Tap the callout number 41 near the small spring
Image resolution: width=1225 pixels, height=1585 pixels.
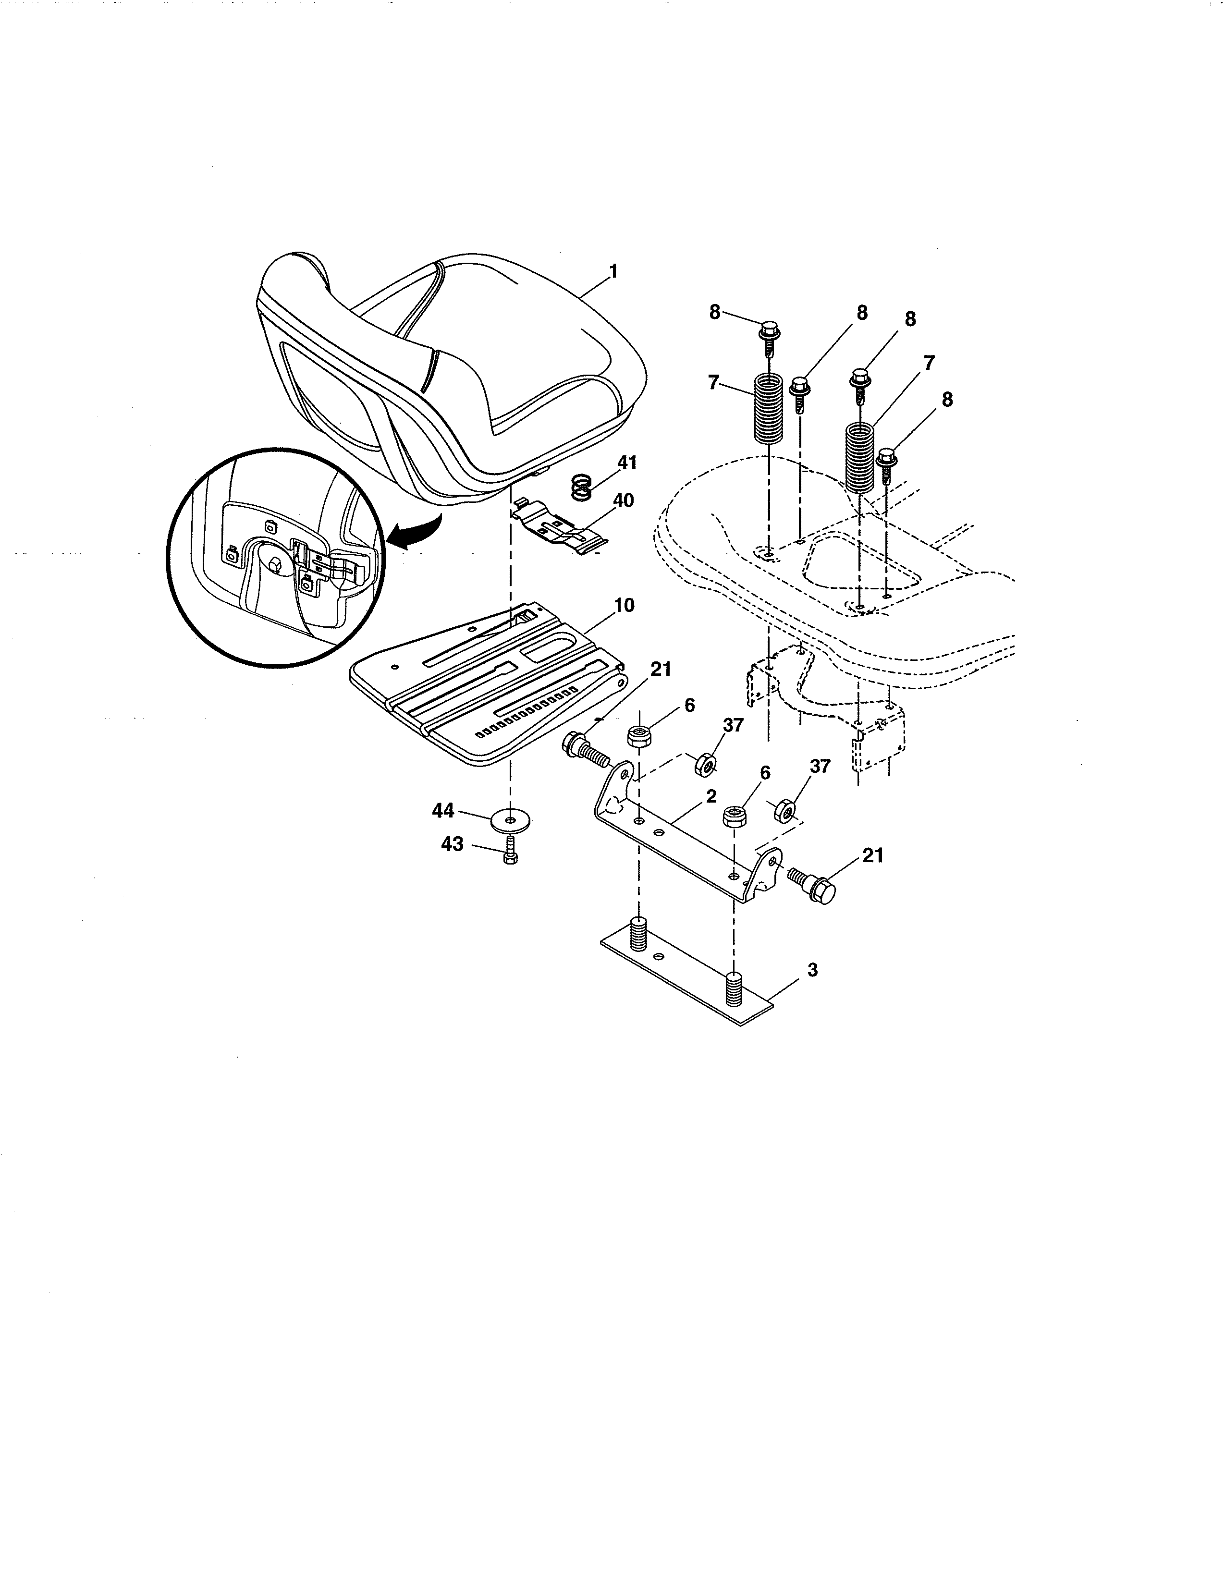[626, 462]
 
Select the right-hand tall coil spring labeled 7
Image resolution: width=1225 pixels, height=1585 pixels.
[861, 459]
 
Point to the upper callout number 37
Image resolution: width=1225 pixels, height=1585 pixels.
[733, 724]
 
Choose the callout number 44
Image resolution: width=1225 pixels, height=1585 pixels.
[443, 811]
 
